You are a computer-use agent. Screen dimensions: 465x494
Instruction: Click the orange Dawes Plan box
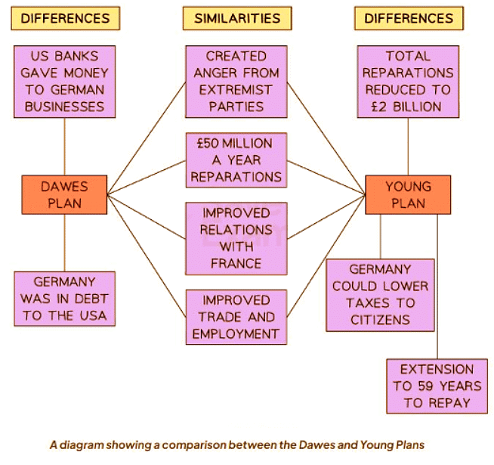pyautogui.click(x=64, y=194)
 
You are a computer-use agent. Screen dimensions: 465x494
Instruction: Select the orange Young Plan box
pyautogui.click(x=408, y=194)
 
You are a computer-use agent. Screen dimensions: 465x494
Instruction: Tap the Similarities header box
pyautogui.click(x=236, y=18)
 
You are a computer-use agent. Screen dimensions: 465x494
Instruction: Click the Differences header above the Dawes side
pyautogui.click(x=65, y=18)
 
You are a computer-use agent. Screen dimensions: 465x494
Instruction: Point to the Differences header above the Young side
pyautogui.click(x=409, y=18)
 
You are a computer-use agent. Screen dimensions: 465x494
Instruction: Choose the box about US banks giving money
pyautogui.click(x=64, y=82)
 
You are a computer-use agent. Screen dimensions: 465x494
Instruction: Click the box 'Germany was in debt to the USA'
pyautogui.click(x=64, y=299)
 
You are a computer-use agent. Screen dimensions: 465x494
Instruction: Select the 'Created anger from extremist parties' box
pyautogui.click(x=236, y=82)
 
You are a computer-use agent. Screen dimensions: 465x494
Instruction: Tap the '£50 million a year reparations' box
pyautogui.click(x=236, y=160)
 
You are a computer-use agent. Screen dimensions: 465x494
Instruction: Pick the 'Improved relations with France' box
pyautogui.click(x=236, y=237)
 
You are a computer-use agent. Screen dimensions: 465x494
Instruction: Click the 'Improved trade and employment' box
pyautogui.click(x=236, y=316)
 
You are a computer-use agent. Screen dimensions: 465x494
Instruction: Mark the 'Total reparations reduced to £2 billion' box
pyautogui.click(x=408, y=82)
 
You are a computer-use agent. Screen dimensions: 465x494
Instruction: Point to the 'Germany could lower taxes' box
pyautogui.click(x=381, y=295)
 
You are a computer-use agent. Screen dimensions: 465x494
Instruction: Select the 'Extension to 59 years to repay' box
pyautogui.click(x=437, y=386)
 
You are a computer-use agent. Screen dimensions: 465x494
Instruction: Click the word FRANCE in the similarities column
pyautogui.click(x=236, y=263)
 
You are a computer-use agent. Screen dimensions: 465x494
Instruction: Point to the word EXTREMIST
pyautogui.click(x=236, y=89)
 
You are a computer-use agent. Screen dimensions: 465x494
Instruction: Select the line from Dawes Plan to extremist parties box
pyautogui.click(x=147, y=137)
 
